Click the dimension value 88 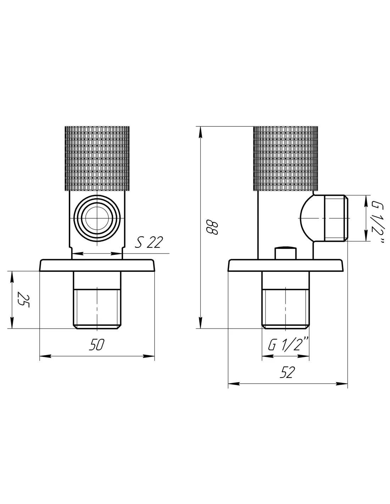pos(212,227)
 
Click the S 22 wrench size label pos(149,242)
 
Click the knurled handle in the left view pos(97,158)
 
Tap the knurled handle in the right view pos(285,158)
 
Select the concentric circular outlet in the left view pos(97,218)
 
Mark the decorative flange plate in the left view pos(97,265)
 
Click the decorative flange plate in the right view pos(285,265)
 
